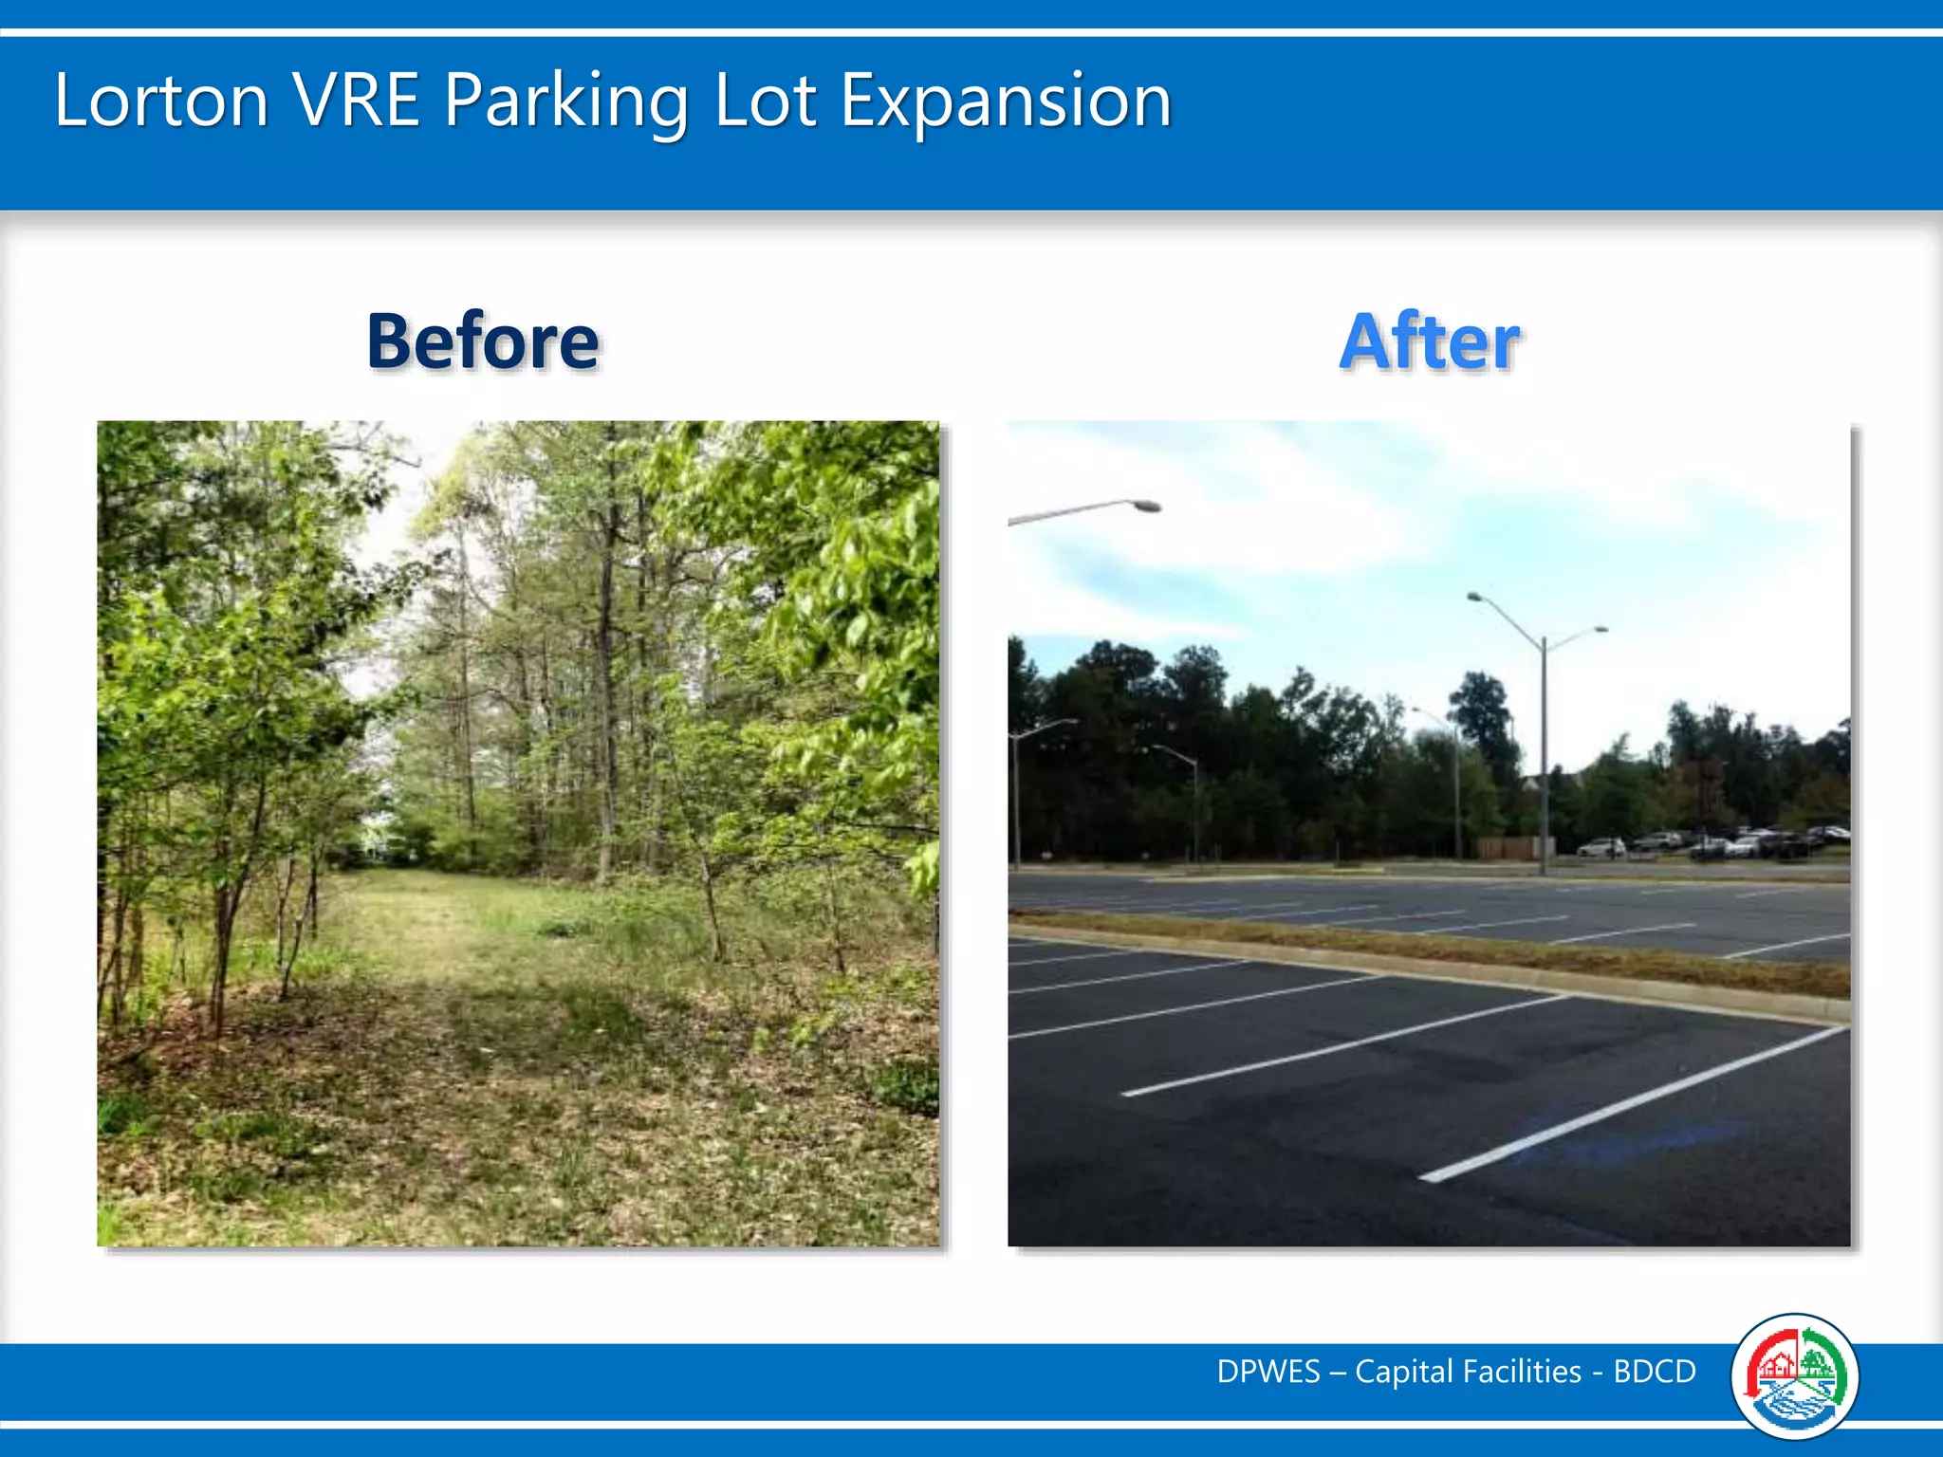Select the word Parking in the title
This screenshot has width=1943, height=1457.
[566, 102]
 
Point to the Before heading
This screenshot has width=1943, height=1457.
[483, 341]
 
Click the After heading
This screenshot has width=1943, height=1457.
[1430, 341]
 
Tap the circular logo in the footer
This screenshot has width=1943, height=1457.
[1794, 1376]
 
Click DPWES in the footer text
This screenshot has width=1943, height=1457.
[1268, 1372]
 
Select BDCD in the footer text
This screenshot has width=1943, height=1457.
[1655, 1372]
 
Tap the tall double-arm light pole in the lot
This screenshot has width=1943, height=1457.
[1544, 749]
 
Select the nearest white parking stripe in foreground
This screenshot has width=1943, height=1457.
[1632, 1105]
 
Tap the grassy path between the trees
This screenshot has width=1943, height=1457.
[417, 939]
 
